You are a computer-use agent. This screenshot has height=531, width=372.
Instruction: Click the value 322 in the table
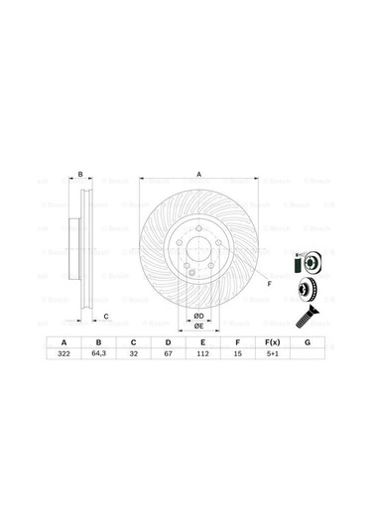(64, 352)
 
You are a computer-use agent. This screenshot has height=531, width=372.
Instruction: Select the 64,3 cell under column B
(98, 352)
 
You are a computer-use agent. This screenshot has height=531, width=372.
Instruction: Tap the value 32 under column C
(132, 352)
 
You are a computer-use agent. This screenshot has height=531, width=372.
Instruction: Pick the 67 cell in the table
(166, 352)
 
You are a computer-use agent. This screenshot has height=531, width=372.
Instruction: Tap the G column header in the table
(308, 340)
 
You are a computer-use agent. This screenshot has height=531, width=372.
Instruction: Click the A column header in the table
(64, 340)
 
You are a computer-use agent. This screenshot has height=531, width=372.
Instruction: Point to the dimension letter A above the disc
(198, 175)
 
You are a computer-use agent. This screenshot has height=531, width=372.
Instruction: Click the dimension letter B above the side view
(80, 175)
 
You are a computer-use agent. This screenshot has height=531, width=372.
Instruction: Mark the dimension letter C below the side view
(105, 316)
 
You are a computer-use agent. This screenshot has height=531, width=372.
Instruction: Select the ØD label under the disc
(198, 316)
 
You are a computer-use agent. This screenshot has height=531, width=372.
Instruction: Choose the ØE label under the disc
(198, 326)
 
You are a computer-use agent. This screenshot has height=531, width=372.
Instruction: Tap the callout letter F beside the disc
(270, 284)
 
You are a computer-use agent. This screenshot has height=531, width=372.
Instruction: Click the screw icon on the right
(306, 318)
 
